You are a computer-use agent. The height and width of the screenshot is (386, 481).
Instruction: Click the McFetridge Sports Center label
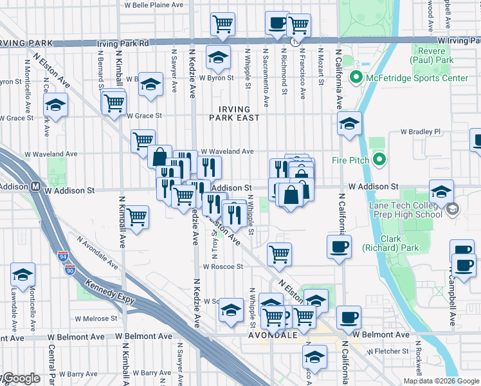(x=417, y=78)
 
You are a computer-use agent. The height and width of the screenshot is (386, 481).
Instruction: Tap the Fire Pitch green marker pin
(x=379, y=159)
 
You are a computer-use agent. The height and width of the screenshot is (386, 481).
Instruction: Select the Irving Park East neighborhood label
(x=235, y=113)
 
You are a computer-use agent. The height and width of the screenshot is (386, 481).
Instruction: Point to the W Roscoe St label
(x=222, y=266)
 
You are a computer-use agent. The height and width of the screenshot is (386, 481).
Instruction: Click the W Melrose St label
(x=96, y=318)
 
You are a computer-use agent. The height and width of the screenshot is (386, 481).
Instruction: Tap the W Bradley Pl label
(x=421, y=132)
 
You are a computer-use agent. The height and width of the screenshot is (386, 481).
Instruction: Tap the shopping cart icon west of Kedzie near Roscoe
(x=137, y=217)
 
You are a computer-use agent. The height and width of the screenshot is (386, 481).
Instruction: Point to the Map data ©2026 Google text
(x=440, y=381)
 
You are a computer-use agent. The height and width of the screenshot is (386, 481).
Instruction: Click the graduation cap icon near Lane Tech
(x=441, y=190)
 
